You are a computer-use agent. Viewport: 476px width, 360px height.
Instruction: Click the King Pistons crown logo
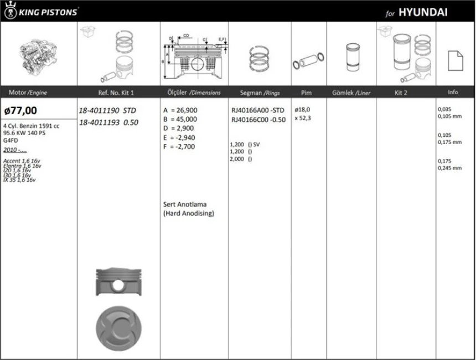(9, 11)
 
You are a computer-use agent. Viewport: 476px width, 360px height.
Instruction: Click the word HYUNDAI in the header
(423, 12)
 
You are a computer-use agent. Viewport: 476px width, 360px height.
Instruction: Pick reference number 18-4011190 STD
(107, 110)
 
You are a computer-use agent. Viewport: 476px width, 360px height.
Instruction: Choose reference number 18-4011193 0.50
(107, 122)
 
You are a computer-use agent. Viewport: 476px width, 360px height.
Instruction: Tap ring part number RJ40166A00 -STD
(258, 110)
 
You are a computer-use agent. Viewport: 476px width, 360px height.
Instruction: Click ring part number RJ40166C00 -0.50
(258, 119)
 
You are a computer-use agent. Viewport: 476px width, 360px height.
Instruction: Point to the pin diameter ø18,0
(302, 110)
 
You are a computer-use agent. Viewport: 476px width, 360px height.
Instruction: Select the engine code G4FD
(11, 140)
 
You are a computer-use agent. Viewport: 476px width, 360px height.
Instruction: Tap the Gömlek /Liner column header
(351, 92)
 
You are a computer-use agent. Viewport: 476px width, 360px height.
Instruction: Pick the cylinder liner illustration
(351, 57)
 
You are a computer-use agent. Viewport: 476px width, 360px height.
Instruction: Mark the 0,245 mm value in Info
(449, 168)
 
